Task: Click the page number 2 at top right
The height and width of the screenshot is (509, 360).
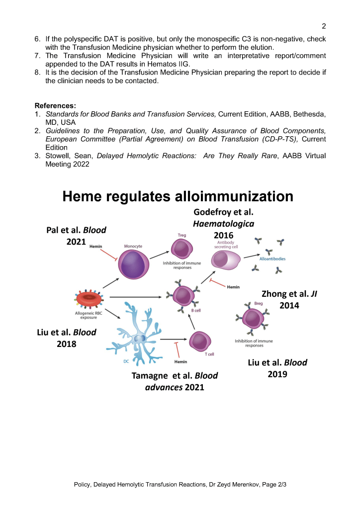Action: (x=323, y=26)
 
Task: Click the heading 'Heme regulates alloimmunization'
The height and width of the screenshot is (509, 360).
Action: (x=178, y=196)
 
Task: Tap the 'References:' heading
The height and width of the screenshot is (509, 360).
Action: (x=55, y=105)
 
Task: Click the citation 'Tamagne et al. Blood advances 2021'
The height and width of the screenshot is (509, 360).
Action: (x=175, y=381)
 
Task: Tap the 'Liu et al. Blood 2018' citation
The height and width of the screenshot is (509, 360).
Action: (x=67, y=338)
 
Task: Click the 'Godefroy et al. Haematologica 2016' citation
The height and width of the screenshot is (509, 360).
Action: (x=224, y=224)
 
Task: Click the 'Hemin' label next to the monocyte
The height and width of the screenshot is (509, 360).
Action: (x=96, y=246)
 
